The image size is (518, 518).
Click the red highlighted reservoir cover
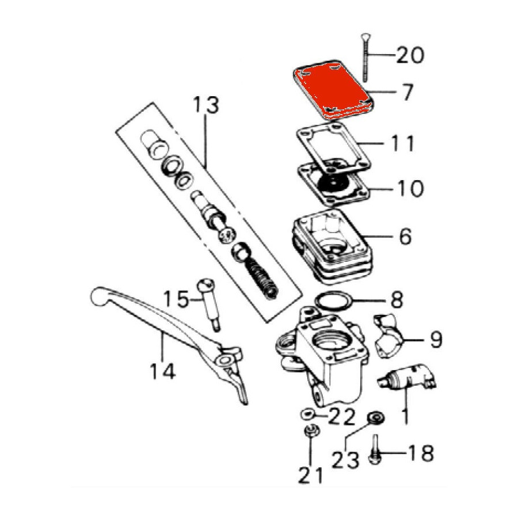[333, 90]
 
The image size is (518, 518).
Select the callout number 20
[410, 55]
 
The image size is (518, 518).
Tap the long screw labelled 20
[365, 58]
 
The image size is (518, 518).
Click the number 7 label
[406, 92]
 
